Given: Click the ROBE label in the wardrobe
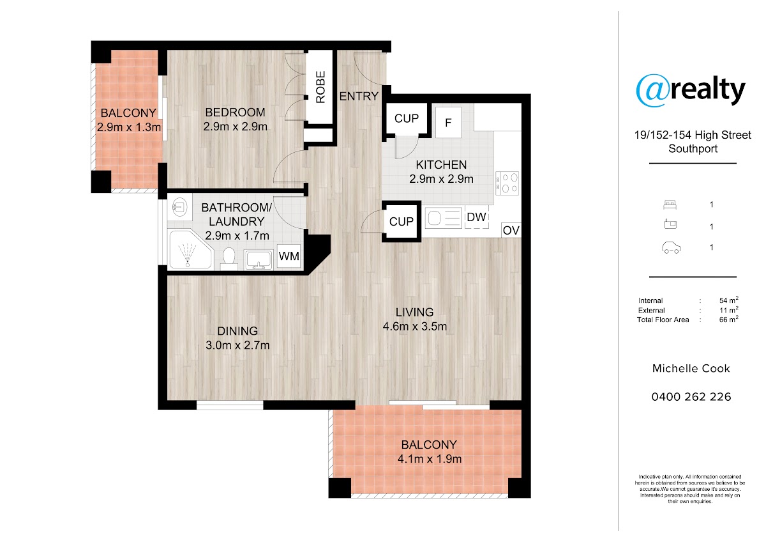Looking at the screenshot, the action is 320,87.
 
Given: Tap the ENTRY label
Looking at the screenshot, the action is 359,97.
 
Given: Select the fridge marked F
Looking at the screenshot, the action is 449,123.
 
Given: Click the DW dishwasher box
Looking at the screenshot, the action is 476,217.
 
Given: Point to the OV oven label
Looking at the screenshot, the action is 511,231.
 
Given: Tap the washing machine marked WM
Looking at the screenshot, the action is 289,256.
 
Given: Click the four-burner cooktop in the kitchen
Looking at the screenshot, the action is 507,183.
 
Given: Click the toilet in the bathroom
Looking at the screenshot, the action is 229,259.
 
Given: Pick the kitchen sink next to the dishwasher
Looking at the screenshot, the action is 444,218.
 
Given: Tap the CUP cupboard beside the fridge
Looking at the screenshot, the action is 406,119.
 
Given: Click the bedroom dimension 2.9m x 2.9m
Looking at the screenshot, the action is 236,127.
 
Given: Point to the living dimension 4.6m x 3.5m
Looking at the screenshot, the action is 414,327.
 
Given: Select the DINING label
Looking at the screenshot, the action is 237,331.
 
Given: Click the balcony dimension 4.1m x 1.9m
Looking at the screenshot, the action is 430,459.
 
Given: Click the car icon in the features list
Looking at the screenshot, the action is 672,247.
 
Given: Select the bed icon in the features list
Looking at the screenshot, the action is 670,205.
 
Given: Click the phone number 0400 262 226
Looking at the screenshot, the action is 691,396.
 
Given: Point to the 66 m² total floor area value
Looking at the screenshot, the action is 729,319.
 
